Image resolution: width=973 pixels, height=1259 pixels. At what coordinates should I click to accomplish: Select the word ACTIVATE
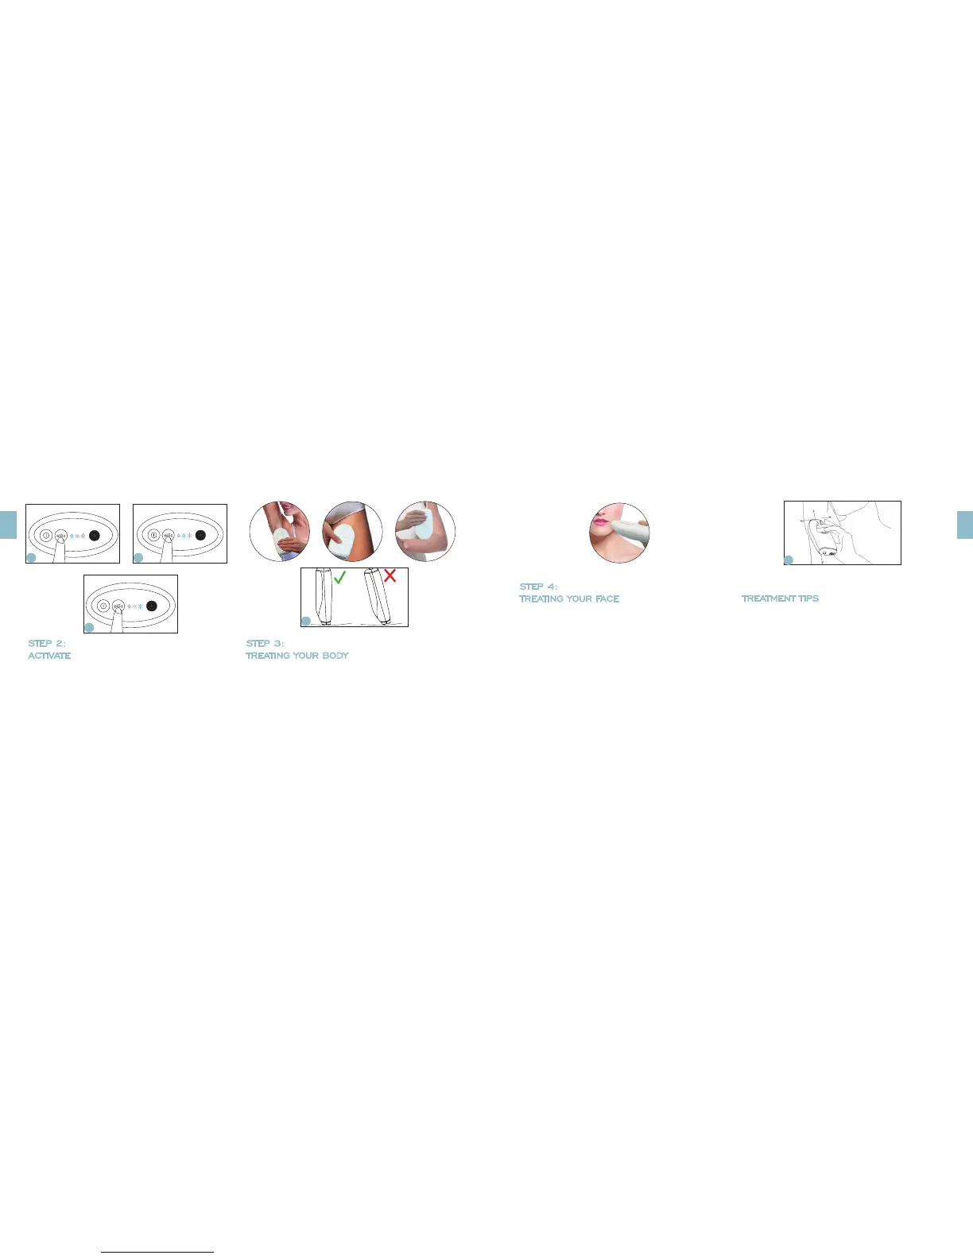[x=49, y=656]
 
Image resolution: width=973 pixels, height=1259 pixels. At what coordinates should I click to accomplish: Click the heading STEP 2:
[x=47, y=643]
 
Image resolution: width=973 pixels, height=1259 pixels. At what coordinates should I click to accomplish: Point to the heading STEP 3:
[x=265, y=643]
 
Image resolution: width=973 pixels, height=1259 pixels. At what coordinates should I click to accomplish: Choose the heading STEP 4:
[x=538, y=587]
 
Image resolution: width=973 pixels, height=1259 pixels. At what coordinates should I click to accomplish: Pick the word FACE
[x=607, y=599]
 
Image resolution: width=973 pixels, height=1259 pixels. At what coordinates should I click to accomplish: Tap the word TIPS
[x=808, y=599]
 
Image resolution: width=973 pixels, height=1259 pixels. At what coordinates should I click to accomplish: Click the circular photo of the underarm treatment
[x=279, y=532]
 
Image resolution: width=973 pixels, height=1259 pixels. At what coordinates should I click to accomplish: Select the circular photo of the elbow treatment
[x=425, y=532]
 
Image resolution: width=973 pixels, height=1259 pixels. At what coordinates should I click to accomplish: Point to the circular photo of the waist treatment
[x=352, y=532]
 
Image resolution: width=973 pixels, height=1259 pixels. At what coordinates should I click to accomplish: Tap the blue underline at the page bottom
[x=158, y=1252]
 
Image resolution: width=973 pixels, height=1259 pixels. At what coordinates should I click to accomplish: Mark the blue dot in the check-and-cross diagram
[x=306, y=621]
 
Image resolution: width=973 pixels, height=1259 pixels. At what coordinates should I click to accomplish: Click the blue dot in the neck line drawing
[x=789, y=560]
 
